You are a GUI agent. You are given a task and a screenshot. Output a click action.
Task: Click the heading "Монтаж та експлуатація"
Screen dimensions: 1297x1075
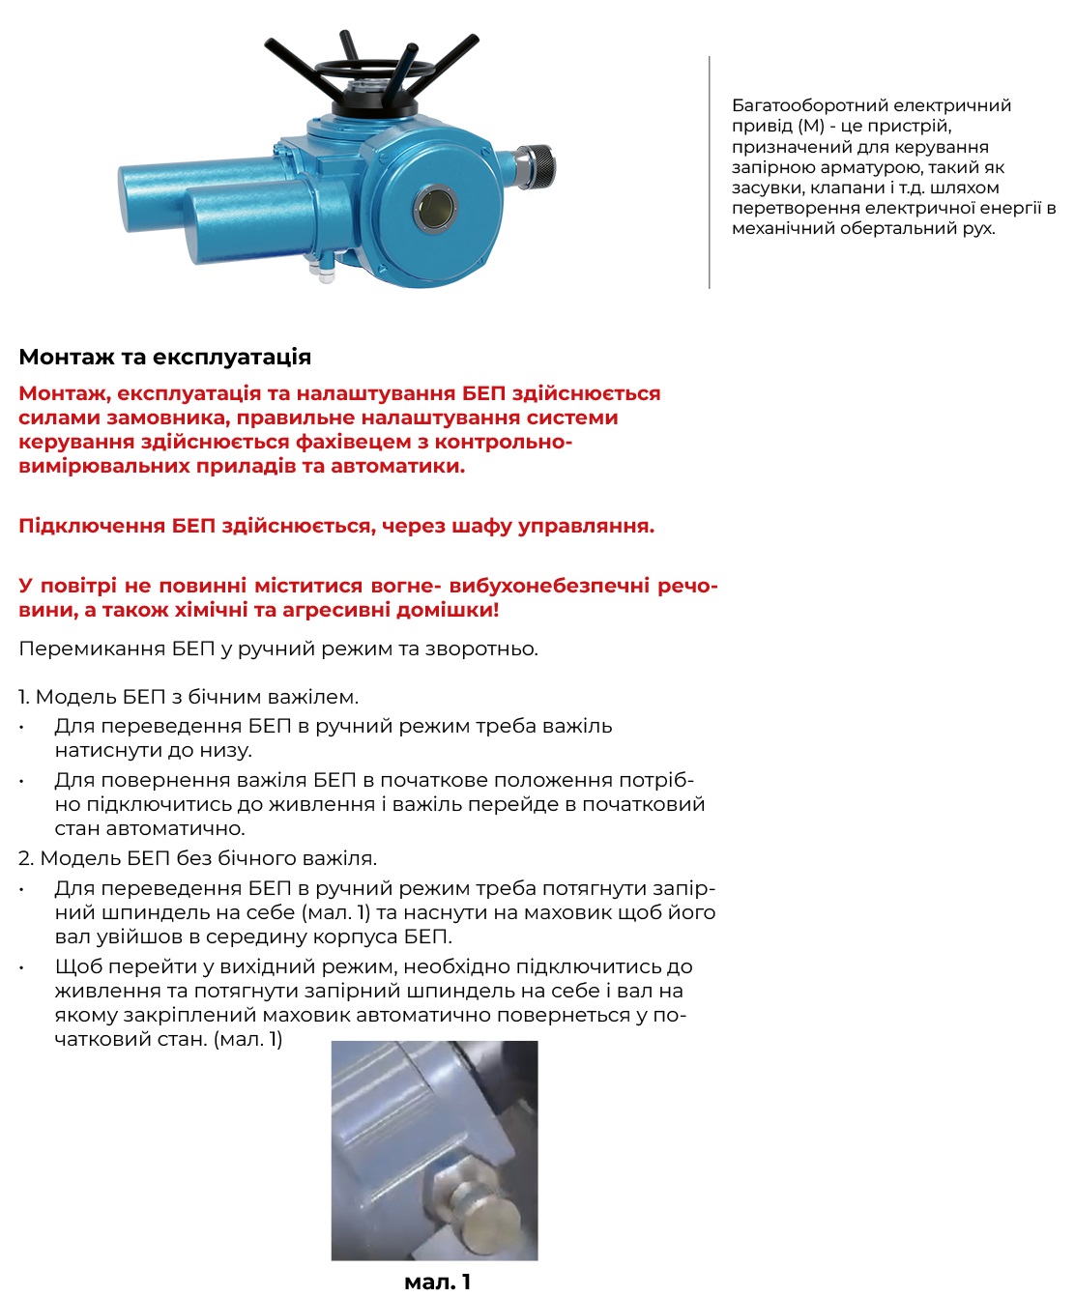(164, 357)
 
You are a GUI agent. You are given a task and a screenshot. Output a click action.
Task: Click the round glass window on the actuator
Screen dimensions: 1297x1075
(437, 208)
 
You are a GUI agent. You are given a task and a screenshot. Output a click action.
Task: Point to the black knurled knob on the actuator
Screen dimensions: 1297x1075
(537, 165)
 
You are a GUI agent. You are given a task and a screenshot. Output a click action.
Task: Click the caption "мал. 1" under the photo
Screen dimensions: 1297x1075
(437, 1282)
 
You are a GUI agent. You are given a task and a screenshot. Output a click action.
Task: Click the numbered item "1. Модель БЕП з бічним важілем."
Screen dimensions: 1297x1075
(189, 697)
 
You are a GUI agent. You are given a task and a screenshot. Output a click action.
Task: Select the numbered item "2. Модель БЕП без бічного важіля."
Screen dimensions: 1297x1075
(197, 858)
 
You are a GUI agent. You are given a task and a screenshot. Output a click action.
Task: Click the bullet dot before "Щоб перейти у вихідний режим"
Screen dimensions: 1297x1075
(21, 967)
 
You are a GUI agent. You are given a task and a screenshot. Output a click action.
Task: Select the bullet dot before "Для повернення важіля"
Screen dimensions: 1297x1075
(21, 781)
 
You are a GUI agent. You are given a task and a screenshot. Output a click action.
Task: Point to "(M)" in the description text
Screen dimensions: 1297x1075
(812, 126)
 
